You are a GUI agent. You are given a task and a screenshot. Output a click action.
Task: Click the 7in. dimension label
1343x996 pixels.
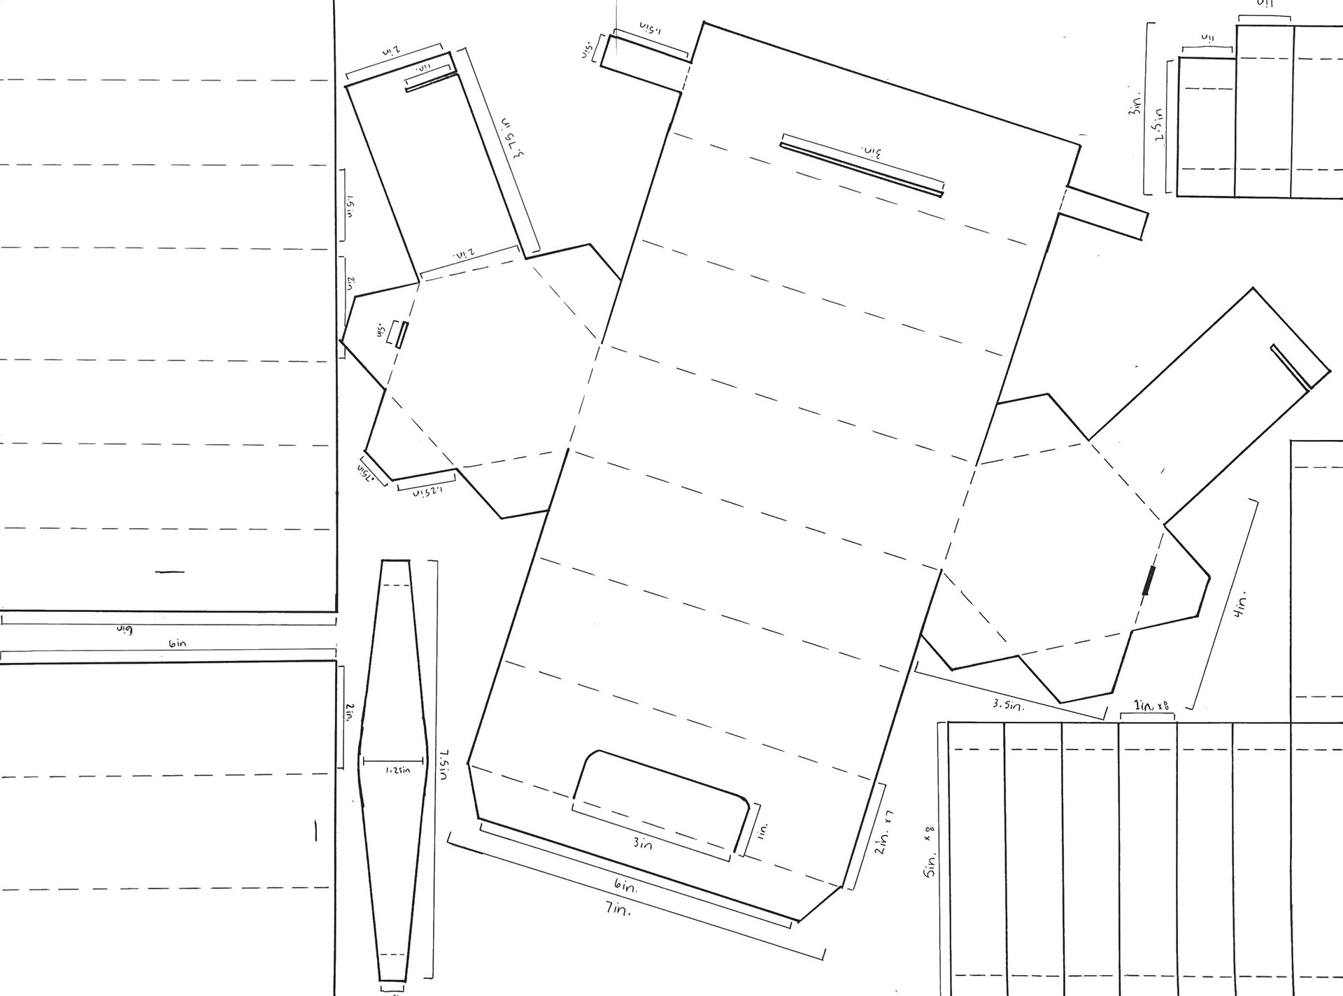pyautogui.click(x=618, y=910)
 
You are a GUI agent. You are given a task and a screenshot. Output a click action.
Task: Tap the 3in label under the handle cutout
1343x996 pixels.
pyautogui.click(x=642, y=844)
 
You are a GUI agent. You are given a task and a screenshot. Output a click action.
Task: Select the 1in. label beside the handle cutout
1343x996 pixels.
pyautogui.click(x=762, y=830)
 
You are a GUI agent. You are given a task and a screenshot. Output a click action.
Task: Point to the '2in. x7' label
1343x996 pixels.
pyautogui.click(x=884, y=834)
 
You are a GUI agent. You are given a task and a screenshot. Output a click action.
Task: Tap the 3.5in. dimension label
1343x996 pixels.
pyautogui.click(x=1008, y=705)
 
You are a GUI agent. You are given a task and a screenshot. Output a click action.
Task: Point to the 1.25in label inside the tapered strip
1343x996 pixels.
pyautogui.click(x=397, y=770)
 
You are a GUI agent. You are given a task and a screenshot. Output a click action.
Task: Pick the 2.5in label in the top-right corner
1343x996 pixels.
pyautogui.click(x=1160, y=124)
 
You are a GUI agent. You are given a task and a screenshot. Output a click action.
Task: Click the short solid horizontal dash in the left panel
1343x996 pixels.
pyautogui.click(x=170, y=572)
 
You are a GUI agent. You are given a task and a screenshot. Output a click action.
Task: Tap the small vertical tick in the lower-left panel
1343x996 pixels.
pyautogui.click(x=316, y=831)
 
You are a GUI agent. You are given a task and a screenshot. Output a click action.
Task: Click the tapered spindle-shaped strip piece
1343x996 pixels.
pyautogui.click(x=394, y=769)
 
